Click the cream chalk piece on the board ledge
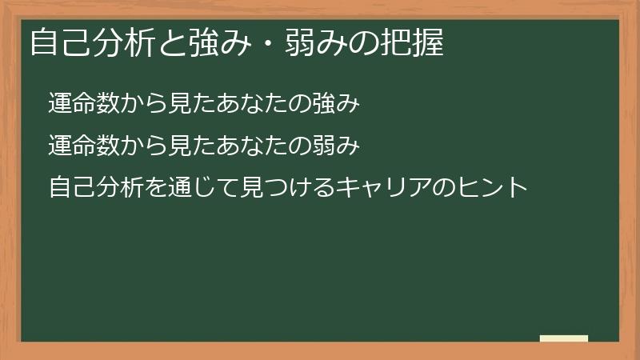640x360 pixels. (x=564, y=338)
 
